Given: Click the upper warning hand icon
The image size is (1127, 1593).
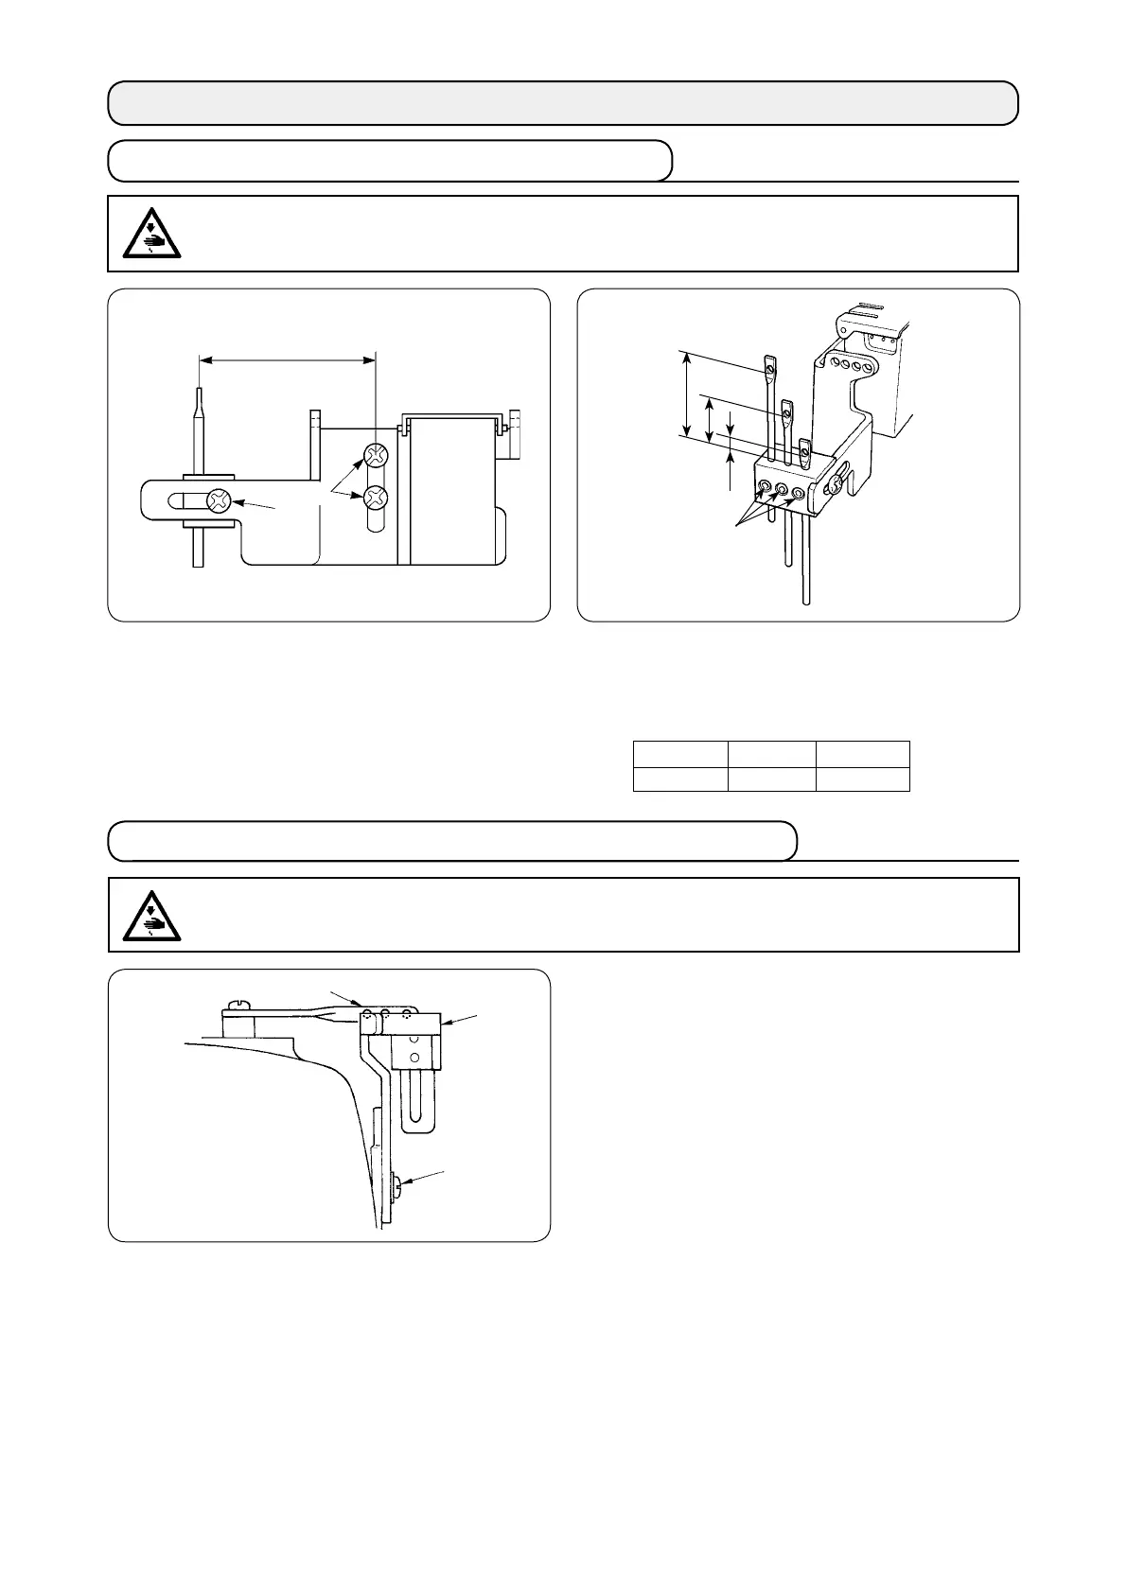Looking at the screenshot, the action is pos(151,234).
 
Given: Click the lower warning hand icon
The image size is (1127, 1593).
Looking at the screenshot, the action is pos(151,916).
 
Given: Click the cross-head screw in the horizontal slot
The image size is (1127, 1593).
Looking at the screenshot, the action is pos(220,501).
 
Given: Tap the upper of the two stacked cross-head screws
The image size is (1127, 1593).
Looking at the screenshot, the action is pos(377,457).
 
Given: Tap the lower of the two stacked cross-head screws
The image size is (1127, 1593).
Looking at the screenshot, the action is pos(377,496).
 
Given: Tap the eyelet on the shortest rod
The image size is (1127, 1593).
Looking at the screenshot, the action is pos(804,448).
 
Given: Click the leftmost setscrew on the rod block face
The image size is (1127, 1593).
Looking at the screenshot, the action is pos(764,488).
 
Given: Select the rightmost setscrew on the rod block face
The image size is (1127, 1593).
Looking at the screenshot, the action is pos(800,493).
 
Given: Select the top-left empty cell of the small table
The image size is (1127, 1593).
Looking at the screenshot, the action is pos(679,754).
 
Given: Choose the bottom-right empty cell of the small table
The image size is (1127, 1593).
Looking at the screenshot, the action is pos(862,779).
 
